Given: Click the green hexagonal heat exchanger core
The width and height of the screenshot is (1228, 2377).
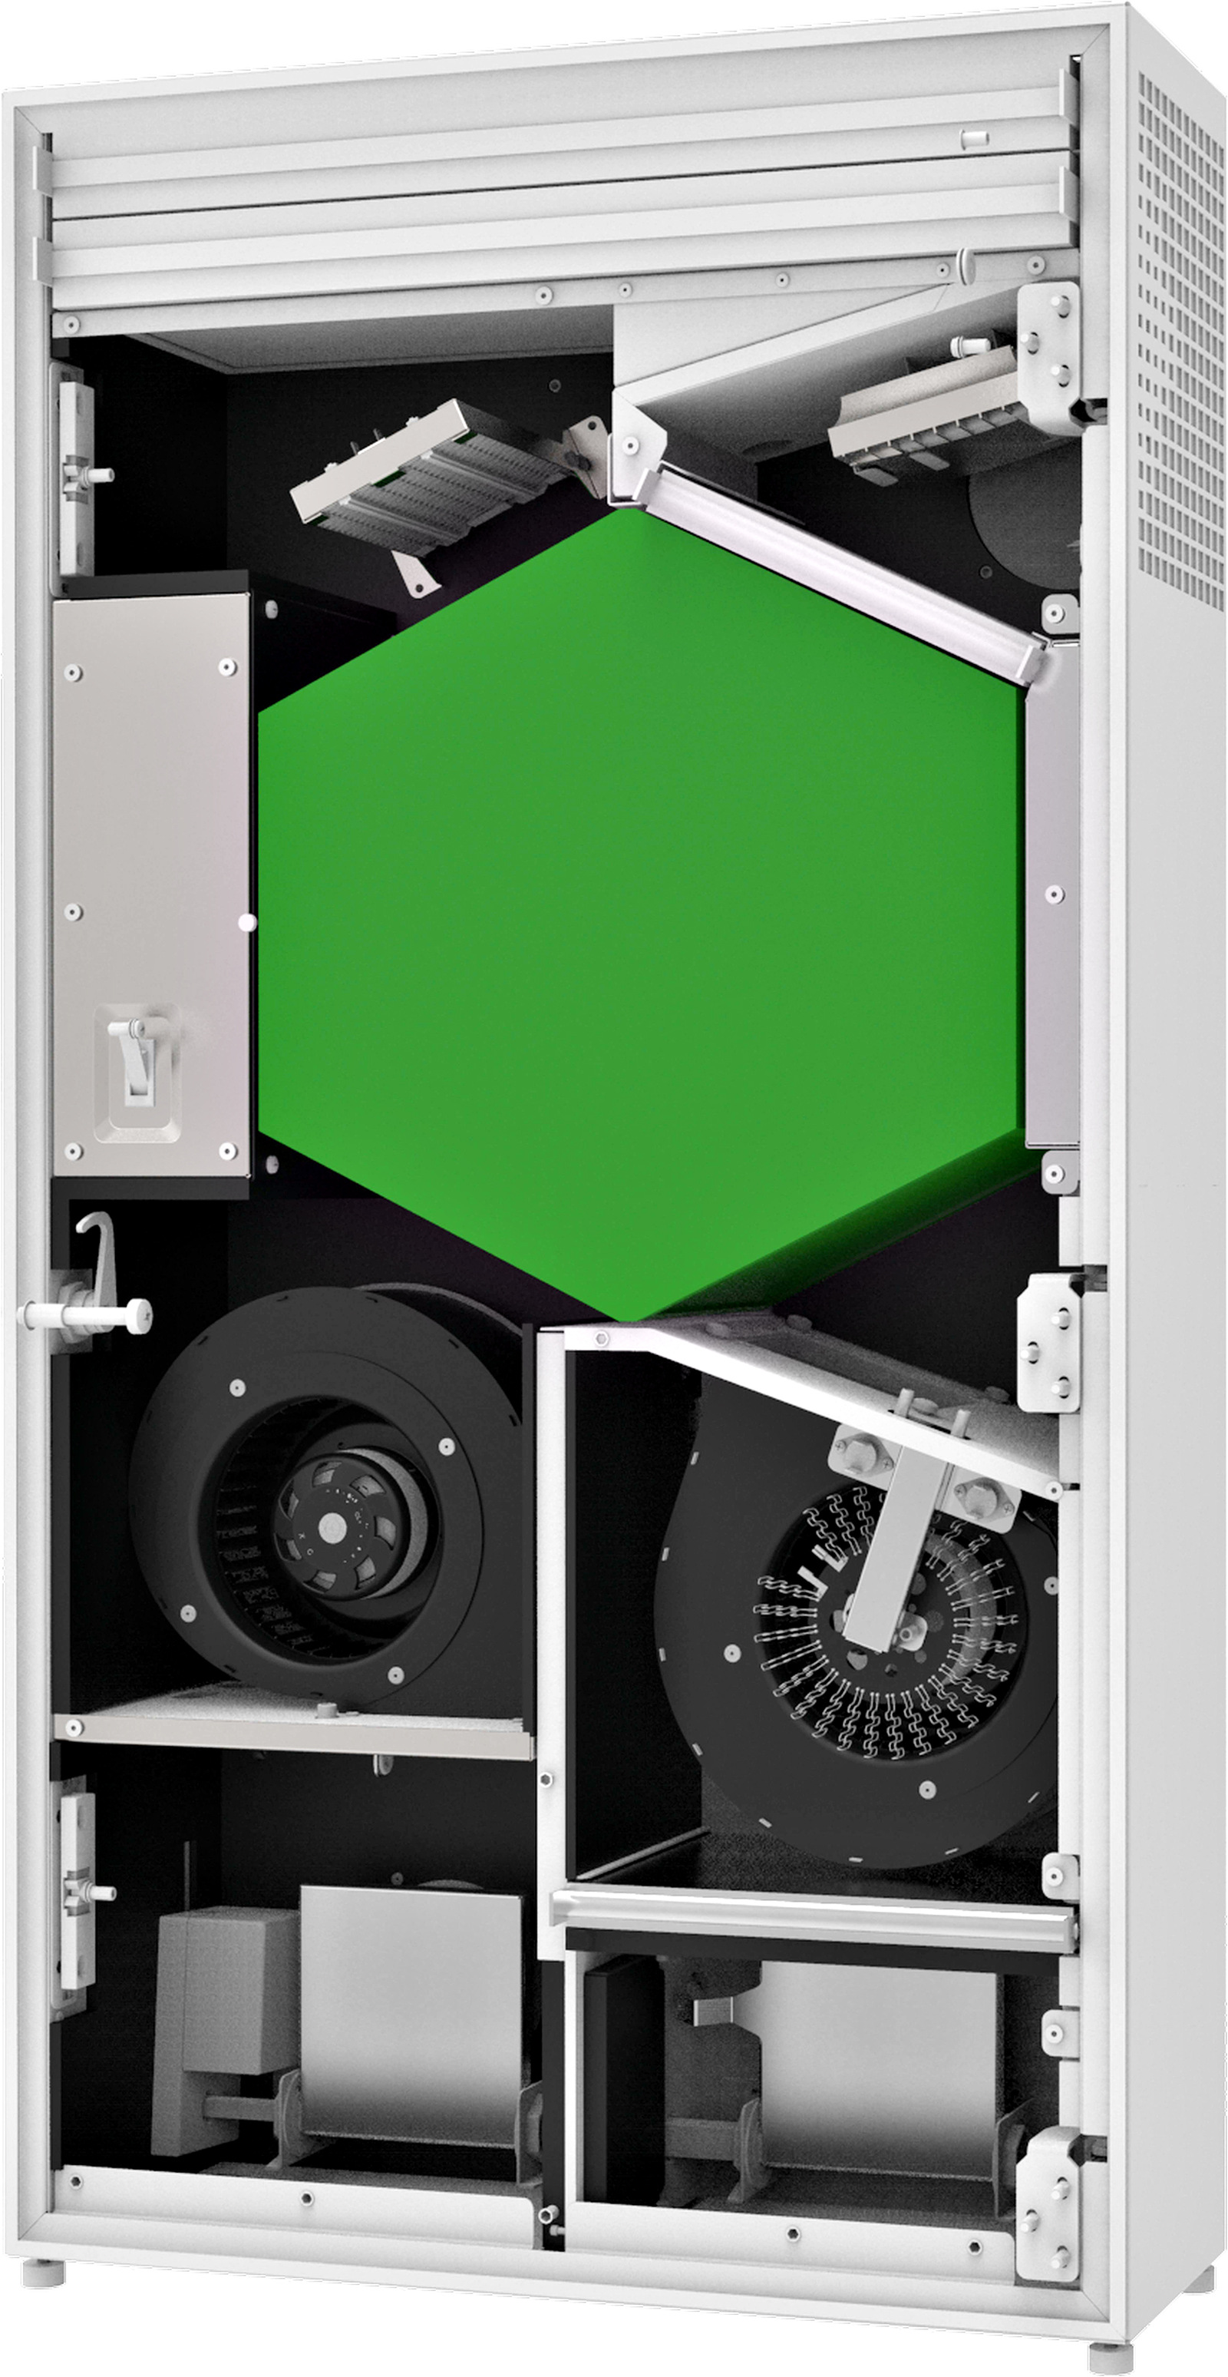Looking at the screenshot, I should (x=636, y=914).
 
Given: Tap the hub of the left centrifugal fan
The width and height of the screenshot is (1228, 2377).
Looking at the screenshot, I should (x=329, y=1527).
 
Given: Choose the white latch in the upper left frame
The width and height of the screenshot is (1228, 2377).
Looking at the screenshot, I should (x=78, y=475).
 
